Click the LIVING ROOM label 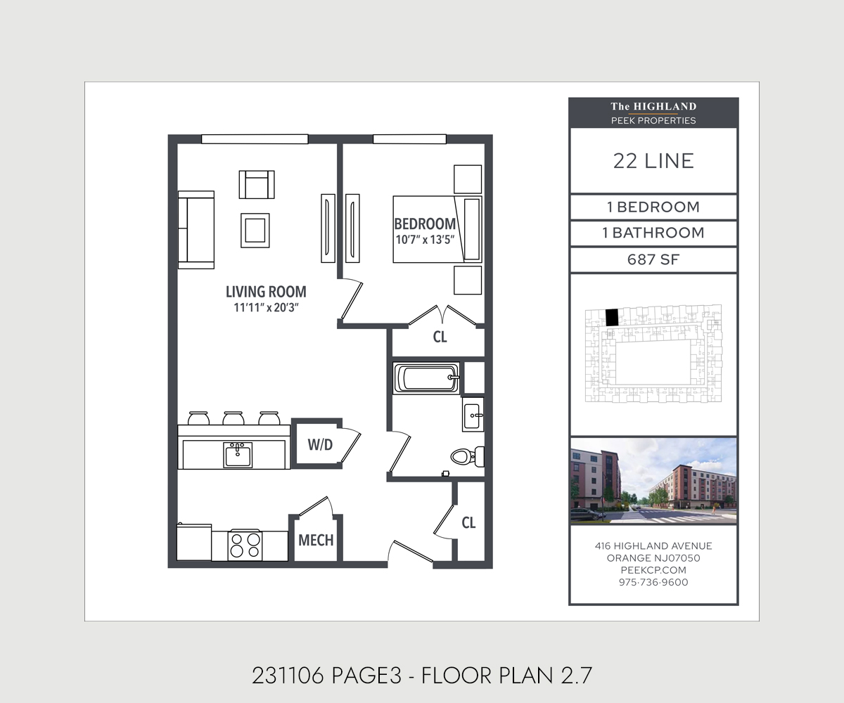(266, 292)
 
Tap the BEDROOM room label (425, 224)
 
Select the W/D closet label (320, 445)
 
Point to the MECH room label (316, 540)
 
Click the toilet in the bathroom (468, 456)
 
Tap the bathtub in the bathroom (426, 378)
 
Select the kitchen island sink (238, 455)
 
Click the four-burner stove (245, 546)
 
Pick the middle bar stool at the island (234, 418)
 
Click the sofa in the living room (196, 230)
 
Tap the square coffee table (255, 231)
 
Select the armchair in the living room (257, 185)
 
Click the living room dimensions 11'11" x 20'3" (266, 308)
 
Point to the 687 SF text (653, 260)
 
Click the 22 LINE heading (653, 161)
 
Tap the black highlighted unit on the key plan (612, 318)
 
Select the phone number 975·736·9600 (653, 582)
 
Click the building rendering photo (653, 481)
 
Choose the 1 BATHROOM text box (653, 233)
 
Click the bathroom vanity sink (473, 415)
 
